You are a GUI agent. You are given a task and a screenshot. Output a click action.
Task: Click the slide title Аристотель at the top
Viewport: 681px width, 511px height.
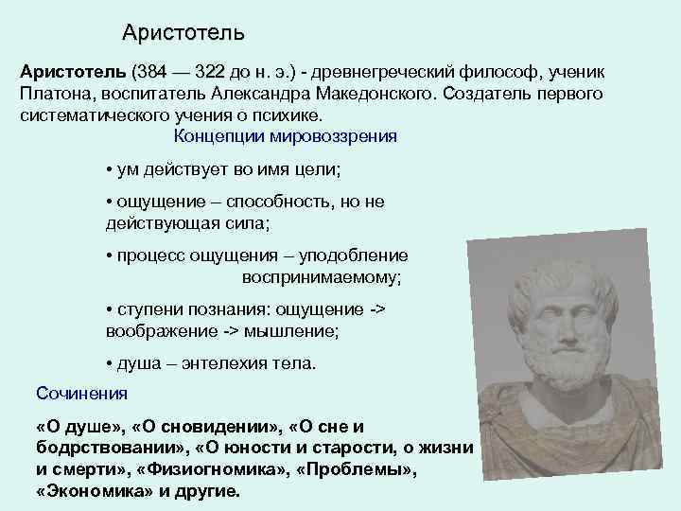(x=183, y=33)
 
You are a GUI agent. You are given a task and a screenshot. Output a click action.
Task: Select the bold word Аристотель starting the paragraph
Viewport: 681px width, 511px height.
(x=73, y=73)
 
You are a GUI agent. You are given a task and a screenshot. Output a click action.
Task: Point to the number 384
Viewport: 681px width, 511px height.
(x=159, y=73)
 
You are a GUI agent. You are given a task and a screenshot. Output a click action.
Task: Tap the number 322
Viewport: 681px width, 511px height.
(x=235, y=73)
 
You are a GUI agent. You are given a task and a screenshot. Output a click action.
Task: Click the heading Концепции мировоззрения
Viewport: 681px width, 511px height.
(x=287, y=135)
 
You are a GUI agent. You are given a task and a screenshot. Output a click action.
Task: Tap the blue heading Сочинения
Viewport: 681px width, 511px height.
(x=81, y=392)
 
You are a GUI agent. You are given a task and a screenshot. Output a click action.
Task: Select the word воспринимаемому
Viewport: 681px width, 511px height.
(x=322, y=277)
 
